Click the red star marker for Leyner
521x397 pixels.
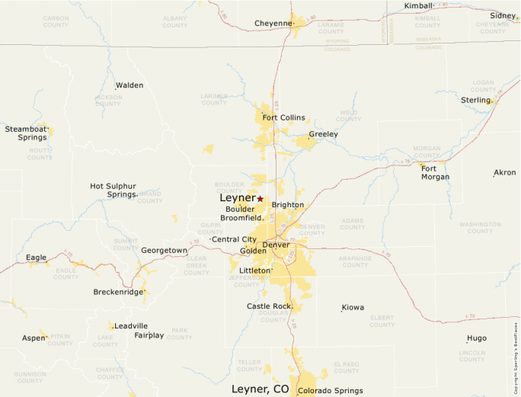click(x=260, y=198)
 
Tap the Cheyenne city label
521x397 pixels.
click(x=273, y=24)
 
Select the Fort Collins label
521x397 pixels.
click(x=283, y=117)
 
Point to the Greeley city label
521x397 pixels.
click(x=323, y=134)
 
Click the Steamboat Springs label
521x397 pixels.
click(x=26, y=133)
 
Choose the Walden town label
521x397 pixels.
click(x=129, y=85)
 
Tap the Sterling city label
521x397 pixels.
click(x=476, y=100)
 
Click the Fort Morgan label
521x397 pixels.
click(x=436, y=172)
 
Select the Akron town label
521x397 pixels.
click(x=505, y=173)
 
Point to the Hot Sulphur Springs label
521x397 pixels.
click(x=113, y=190)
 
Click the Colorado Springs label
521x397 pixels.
click(x=330, y=391)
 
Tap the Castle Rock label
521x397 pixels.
click(x=270, y=306)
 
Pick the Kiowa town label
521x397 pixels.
click(x=353, y=308)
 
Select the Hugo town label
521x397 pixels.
click(x=477, y=338)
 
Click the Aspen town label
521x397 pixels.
click(x=34, y=338)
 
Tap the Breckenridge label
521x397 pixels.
click(x=118, y=292)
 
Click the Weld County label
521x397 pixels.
click(x=349, y=116)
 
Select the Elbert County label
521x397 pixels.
click(x=382, y=322)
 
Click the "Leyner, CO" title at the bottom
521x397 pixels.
click(x=260, y=389)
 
